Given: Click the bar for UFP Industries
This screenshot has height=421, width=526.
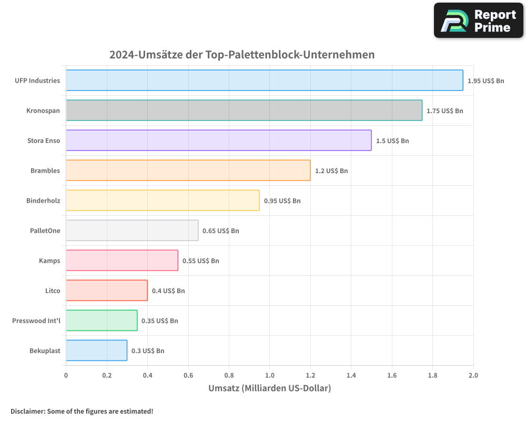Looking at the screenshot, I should point(264,81).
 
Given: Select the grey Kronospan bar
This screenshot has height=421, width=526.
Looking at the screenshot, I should point(244,111).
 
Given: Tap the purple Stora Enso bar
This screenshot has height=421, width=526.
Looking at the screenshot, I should point(218,141).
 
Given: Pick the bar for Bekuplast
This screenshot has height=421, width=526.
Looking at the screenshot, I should point(96,350).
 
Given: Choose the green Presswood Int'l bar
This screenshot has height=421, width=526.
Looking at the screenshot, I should point(102,320).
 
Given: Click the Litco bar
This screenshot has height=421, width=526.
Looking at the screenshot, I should point(106,290).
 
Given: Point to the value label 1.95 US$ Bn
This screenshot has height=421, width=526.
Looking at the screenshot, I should point(485,81).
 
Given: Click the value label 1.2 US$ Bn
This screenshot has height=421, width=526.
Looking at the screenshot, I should point(331,171).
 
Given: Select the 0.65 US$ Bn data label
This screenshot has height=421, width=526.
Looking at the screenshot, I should point(220,230).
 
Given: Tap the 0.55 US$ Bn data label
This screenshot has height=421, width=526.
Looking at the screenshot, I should point(200,260).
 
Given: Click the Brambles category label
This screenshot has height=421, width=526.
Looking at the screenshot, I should point(45,171).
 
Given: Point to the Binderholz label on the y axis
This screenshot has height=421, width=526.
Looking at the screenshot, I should point(43,201).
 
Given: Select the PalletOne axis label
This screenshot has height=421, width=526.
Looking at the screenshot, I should point(45,230).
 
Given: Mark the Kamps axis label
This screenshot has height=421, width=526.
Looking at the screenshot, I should point(49,260).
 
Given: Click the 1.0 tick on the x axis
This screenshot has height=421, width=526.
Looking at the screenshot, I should point(269,375).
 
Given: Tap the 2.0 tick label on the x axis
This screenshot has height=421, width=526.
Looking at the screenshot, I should point(473,375).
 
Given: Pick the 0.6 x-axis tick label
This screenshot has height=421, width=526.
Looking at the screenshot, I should point(188,375).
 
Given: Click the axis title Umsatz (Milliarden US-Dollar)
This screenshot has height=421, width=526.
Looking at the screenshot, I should point(269,388).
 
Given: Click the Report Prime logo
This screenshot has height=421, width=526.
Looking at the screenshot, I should point(479,21).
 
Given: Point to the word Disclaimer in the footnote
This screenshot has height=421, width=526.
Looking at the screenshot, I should point(27,411).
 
